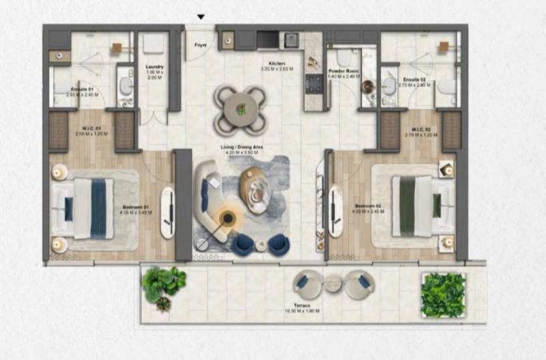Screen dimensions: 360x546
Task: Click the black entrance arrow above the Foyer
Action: [x=201, y=17]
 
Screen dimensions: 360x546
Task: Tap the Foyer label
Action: [x=200, y=46]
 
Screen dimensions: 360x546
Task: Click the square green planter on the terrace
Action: [x=443, y=294]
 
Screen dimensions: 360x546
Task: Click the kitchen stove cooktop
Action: [x=313, y=83]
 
